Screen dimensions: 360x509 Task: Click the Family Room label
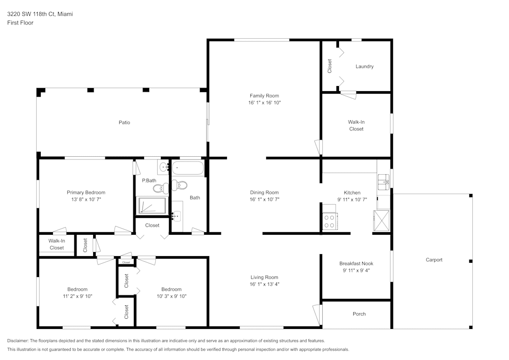(x=264, y=96)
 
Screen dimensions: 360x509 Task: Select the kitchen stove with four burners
(x=329, y=221)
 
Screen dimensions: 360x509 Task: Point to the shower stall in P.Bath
(x=152, y=205)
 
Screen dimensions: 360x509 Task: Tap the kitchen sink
(x=383, y=181)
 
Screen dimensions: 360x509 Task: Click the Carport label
(x=434, y=260)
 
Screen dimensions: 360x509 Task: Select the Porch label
(x=359, y=314)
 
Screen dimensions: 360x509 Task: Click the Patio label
(x=124, y=122)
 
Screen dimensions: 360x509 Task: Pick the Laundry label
(x=364, y=66)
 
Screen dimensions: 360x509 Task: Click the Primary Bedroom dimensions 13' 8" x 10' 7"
(x=86, y=199)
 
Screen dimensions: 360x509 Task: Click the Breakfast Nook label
(x=356, y=263)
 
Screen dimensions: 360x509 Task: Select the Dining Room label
(x=264, y=192)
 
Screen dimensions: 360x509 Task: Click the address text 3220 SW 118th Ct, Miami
(x=40, y=14)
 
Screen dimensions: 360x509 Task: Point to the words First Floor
(x=20, y=23)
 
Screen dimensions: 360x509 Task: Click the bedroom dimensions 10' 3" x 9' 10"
(x=171, y=296)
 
